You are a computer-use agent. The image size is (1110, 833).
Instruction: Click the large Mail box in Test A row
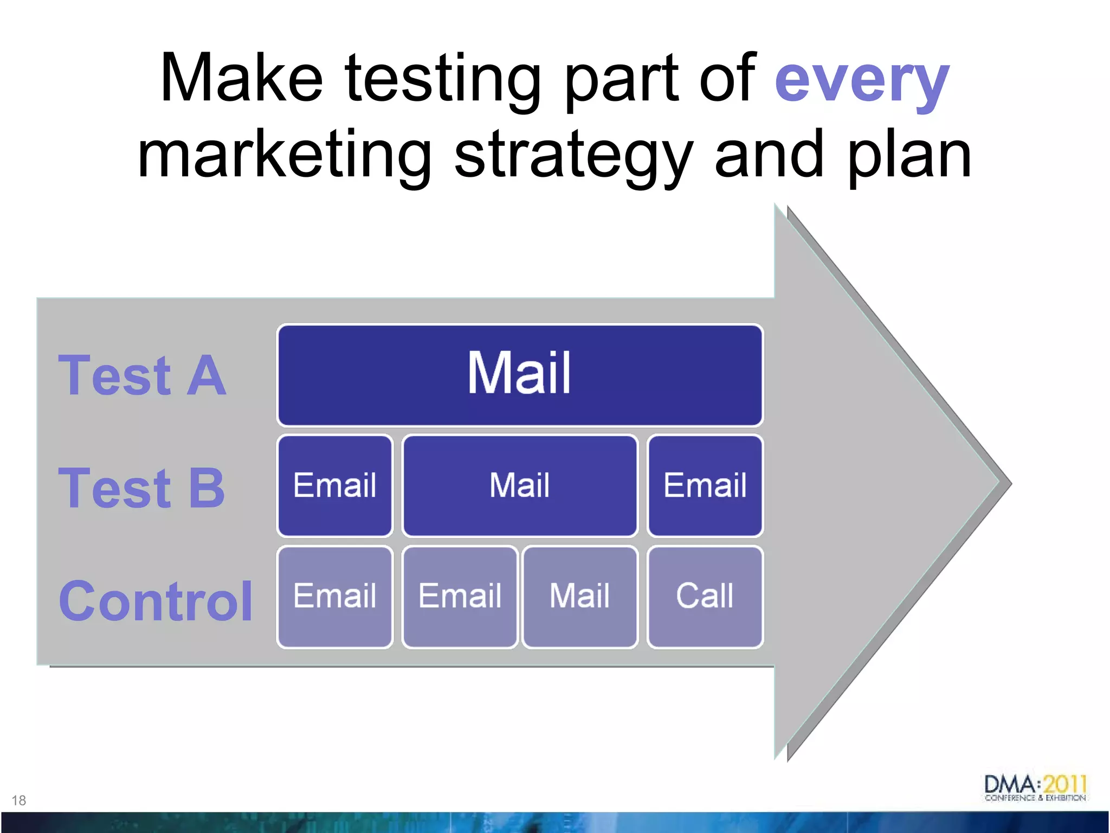pyautogui.click(x=519, y=375)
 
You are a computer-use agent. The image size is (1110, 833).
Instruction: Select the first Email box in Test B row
pyautogui.click(x=334, y=485)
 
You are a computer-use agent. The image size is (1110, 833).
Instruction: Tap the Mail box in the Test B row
pyautogui.click(x=519, y=485)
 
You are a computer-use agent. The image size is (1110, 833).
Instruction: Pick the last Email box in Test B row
pyautogui.click(x=705, y=485)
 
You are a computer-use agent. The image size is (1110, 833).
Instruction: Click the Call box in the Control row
pyautogui.click(x=705, y=597)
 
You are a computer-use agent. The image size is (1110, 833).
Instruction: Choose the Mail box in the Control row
pyautogui.click(x=579, y=597)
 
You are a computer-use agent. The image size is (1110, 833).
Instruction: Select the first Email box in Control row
pyautogui.click(x=334, y=597)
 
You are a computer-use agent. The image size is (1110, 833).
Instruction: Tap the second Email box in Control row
pyautogui.click(x=460, y=597)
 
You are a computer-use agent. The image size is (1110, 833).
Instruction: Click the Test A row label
pyautogui.click(x=142, y=375)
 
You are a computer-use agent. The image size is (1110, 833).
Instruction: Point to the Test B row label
pyautogui.click(x=142, y=488)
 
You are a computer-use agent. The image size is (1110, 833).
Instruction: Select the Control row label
pyautogui.click(x=156, y=601)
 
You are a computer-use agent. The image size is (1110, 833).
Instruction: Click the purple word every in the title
pyautogui.click(x=862, y=81)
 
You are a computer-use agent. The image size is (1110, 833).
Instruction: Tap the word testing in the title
pyautogui.click(x=442, y=81)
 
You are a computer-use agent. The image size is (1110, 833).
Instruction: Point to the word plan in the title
pyautogui.click(x=909, y=157)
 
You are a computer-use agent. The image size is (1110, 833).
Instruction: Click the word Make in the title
pyautogui.click(x=241, y=79)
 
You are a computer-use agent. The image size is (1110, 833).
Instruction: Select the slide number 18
pyautogui.click(x=18, y=800)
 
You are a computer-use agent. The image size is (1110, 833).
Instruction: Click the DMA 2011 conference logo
pyautogui.click(x=1035, y=788)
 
